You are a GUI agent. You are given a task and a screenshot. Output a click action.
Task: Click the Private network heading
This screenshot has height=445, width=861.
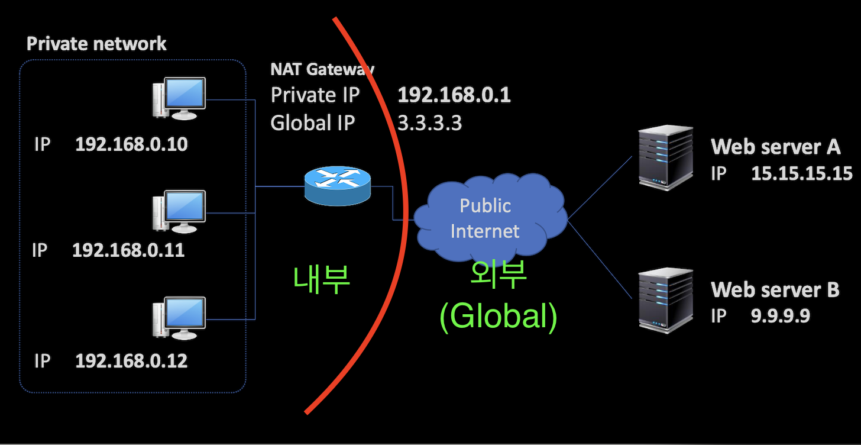tap(97, 44)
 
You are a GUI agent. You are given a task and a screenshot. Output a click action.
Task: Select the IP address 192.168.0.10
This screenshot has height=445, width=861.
tap(131, 144)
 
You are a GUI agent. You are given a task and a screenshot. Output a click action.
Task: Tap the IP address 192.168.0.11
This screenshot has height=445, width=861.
tap(128, 250)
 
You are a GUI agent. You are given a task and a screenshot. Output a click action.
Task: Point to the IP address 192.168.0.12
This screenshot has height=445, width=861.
tap(131, 361)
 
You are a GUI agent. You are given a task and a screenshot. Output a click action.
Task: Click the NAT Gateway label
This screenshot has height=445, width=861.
tap(322, 69)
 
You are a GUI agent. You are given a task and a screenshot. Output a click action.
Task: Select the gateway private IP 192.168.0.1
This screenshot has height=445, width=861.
tap(454, 95)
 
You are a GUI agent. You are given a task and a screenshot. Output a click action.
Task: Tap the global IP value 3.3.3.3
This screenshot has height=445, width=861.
tap(429, 123)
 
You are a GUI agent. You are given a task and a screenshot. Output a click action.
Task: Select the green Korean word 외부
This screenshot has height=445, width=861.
tap(498, 275)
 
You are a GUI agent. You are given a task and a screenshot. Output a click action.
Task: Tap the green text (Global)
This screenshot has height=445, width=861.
tap(498, 317)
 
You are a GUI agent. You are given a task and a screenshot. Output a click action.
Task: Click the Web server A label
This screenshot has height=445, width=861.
tap(775, 147)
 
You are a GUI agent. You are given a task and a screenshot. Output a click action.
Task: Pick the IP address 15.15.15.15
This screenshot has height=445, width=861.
tap(801, 173)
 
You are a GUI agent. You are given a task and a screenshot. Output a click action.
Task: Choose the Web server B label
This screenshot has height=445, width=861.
tap(775, 289)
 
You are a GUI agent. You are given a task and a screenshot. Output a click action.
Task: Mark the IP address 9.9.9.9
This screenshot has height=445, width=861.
tap(780, 316)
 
